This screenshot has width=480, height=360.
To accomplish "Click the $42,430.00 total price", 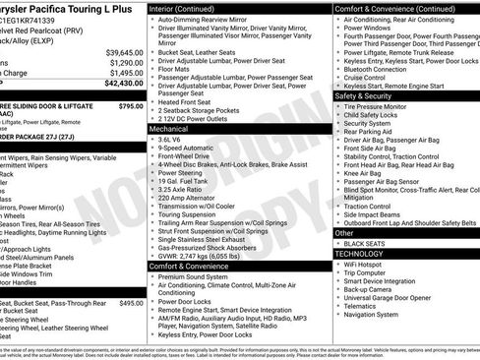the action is coord(118,85).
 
